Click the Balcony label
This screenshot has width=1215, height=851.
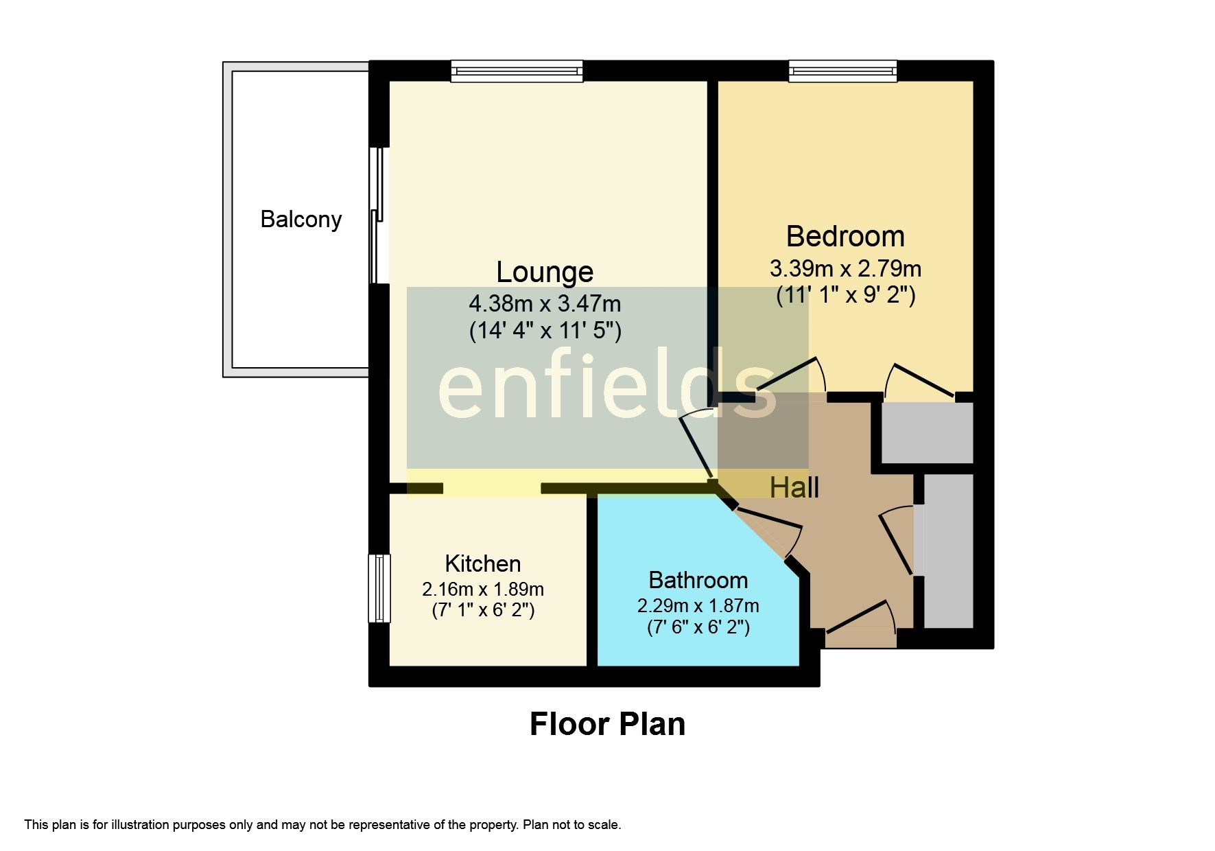pyautogui.click(x=300, y=220)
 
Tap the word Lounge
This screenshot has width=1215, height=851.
pyautogui.click(x=545, y=272)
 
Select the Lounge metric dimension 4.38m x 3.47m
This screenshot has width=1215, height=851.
pyautogui.click(x=545, y=303)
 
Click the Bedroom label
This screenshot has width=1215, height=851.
pyautogui.click(x=845, y=237)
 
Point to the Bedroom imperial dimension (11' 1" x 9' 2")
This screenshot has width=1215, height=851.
pyautogui.click(x=845, y=296)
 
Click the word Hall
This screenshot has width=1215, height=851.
pyautogui.click(x=794, y=488)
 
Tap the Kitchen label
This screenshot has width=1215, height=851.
pyautogui.click(x=482, y=564)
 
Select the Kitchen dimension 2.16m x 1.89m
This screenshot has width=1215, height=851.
pyautogui.click(x=482, y=590)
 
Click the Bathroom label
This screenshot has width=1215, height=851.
pyautogui.click(x=698, y=581)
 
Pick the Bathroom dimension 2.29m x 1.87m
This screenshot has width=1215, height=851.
pyautogui.click(x=698, y=606)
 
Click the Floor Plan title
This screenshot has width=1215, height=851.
pyautogui.click(x=607, y=725)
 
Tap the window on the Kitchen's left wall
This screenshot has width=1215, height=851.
pyautogui.click(x=379, y=588)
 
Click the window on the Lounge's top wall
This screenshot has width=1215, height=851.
pyautogui.click(x=517, y=71)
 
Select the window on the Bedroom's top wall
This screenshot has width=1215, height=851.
pyautogui.click(x=842, y=71)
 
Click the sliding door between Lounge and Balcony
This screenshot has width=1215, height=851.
pyautogui.click(x=377, y=216)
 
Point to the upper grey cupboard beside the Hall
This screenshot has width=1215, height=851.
pyautogui.click(x=927, y=433)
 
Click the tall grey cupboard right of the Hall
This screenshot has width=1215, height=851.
pyautogui.click(x=948, y=551)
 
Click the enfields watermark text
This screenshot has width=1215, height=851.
pyautogui.click(x=606, y=384)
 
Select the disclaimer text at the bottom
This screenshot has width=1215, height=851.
pyautogui.click(x=322, y=825)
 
